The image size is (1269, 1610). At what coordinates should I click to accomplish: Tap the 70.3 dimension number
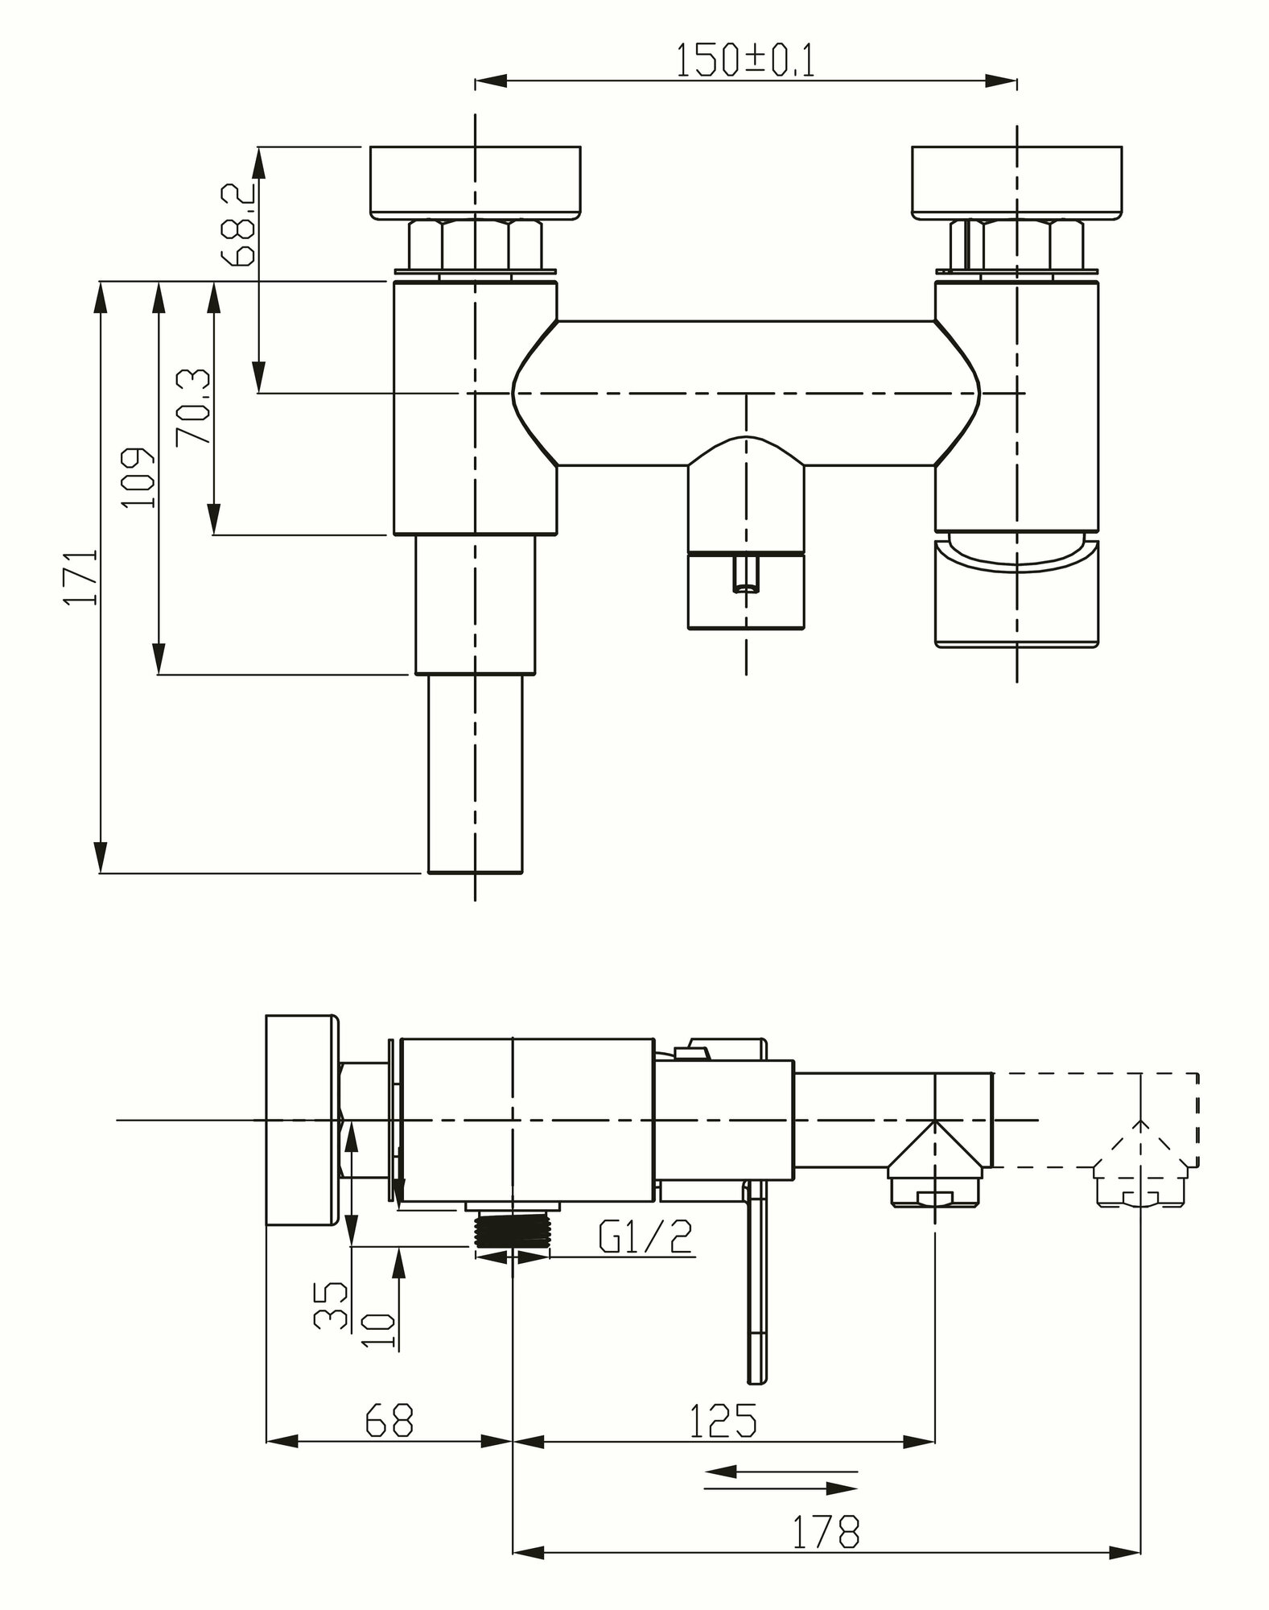(193, 407)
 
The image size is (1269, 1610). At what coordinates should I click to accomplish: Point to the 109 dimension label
(138, 478)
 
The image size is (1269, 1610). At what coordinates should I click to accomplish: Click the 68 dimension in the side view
(389, 1420)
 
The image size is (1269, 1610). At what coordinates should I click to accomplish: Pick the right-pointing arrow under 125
(781, 1488)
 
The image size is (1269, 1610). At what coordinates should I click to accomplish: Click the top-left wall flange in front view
(476, 183)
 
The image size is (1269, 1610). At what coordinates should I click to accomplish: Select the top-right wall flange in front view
(1016, 183)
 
